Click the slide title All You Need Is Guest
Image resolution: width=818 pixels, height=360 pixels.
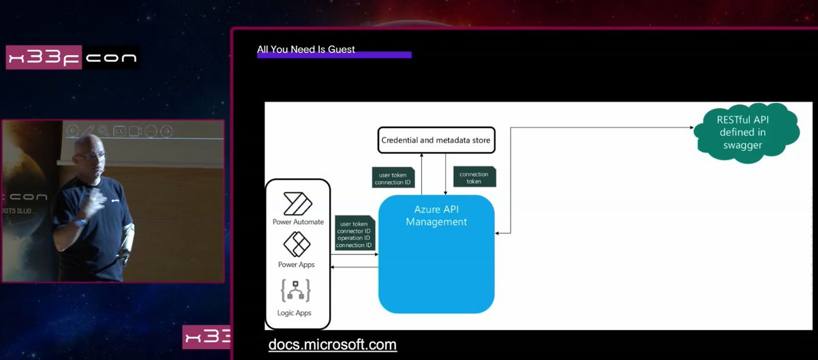tap(305, 49)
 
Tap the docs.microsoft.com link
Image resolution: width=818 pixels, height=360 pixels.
tap(332, 345)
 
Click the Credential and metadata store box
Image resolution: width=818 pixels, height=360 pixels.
tap(436, 140)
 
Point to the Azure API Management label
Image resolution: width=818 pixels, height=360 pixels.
tap(436, 216)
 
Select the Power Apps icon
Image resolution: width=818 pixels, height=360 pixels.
tap(297, 244)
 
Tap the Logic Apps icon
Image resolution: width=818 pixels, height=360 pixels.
tap(296, 291)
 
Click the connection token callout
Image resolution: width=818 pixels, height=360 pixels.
tap(474, 178)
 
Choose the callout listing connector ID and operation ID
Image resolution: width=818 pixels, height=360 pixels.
tap(355, 234)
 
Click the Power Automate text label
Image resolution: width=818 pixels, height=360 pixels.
tap(298, 222)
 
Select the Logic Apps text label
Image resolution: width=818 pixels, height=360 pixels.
tap(295, 312)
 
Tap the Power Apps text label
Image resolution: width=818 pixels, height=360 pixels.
tap(297, 265)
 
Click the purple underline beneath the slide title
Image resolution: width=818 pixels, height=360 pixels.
tap(334, 55)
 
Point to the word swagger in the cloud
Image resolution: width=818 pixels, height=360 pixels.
tap(743, 145)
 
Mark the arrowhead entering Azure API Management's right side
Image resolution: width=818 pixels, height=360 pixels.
tap(498, 233)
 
